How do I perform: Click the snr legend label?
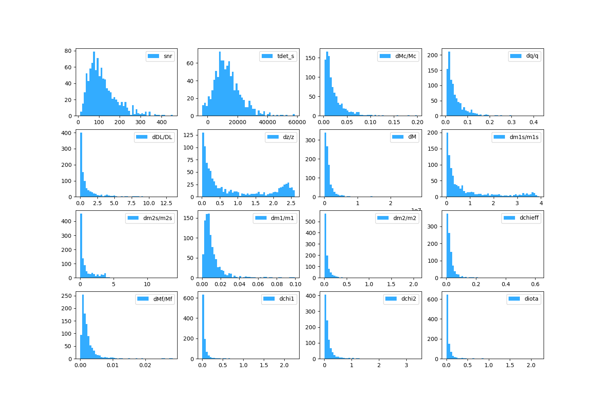tap(168, 56)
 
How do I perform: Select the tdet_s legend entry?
tap(286, 56)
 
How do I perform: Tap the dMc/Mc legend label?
tap(405, 56)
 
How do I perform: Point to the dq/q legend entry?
tap(532, 56)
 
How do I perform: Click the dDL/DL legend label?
tap(162, 137)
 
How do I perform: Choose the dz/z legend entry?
tap(288, 137)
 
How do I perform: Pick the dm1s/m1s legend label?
tap(524, 137)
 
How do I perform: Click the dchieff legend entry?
tap(529, 218)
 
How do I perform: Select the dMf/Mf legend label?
tap(163, 299)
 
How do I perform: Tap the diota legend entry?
tap(531, 299)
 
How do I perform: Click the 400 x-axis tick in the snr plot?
tap(161, 122)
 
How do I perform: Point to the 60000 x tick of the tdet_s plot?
tap(297, 122)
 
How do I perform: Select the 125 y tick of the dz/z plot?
tap(190, 135)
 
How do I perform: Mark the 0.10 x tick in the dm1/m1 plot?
tap(295, 284)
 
